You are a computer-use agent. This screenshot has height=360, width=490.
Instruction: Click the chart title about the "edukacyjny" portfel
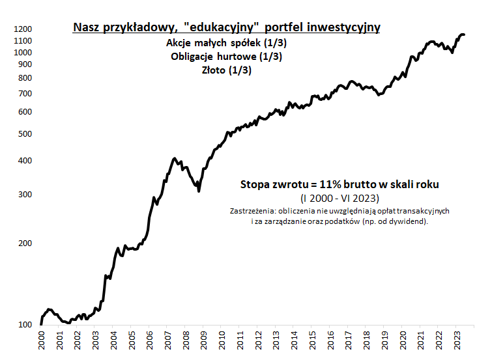tap(227, 27)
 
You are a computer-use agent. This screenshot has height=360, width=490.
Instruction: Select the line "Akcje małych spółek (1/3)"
tap(227, 44)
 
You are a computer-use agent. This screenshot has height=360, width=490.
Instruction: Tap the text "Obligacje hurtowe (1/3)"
tap(227, 57)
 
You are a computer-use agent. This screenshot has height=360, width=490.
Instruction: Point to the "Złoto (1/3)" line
tap(227, 70)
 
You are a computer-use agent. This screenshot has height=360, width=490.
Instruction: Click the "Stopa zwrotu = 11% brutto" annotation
tap(339, 185)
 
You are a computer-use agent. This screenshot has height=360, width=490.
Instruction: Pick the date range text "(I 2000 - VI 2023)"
tap(339, 198)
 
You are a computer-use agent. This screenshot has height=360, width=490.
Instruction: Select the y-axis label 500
tap(25, 134)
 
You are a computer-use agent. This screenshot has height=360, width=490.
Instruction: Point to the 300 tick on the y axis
tap(25, 195)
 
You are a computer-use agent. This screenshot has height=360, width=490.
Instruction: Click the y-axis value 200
tap(25, 243)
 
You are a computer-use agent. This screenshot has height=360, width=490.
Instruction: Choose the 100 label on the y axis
tap(25, 325)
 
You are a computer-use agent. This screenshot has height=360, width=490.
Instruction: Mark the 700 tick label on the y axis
tap(25, 94)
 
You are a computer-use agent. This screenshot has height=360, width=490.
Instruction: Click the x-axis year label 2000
tap(41, 342)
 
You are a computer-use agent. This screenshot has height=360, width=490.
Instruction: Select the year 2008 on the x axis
tap(186, 342)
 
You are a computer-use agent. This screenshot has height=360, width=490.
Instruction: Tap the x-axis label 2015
tap(313, 342)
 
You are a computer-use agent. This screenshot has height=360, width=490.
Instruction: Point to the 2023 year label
tap(458, 342)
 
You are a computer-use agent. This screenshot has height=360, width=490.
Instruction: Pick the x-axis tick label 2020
tap(403, 342)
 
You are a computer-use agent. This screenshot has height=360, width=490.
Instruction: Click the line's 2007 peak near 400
tap(174, 158)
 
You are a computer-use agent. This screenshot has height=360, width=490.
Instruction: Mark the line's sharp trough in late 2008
tap(199, 190)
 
